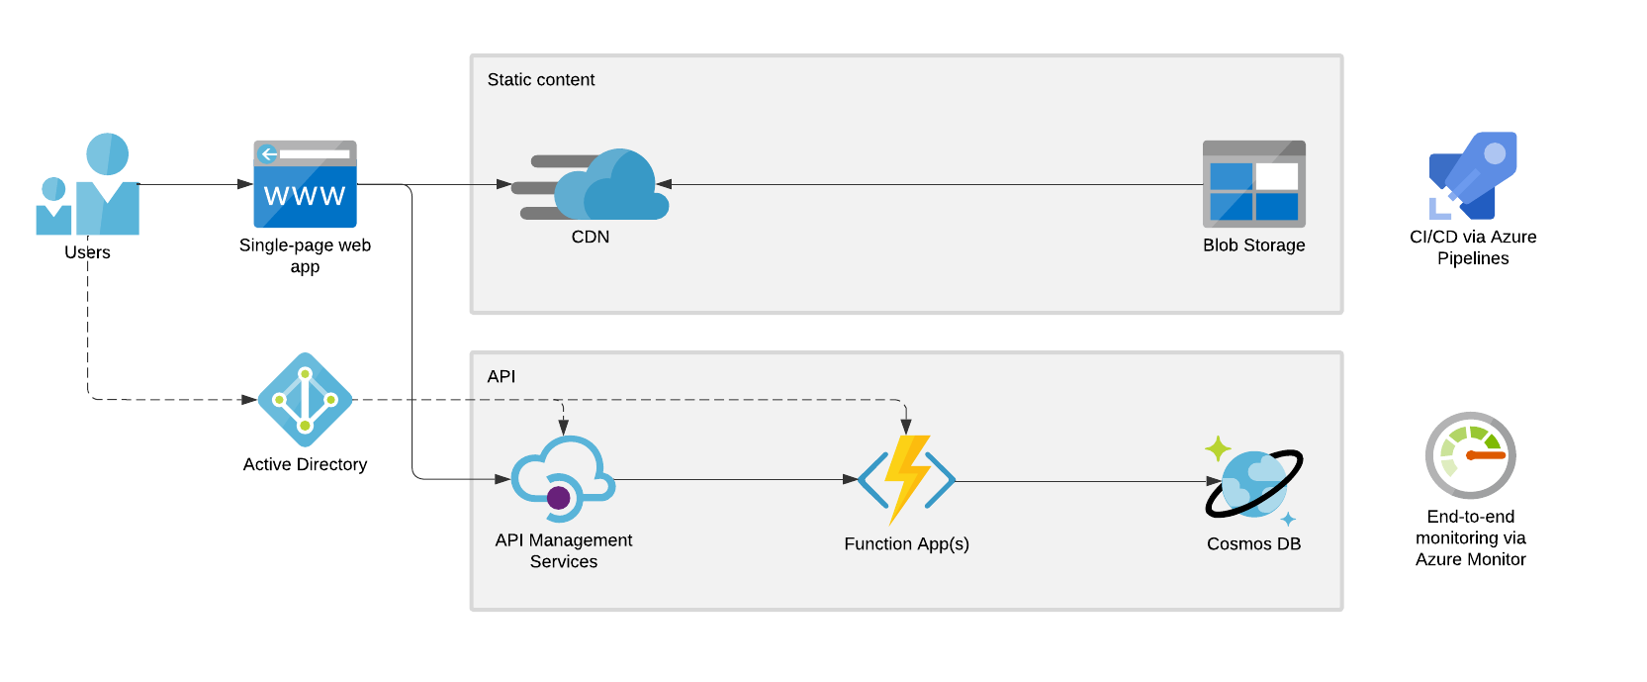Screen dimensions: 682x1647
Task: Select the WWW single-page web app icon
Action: tap(305, 184)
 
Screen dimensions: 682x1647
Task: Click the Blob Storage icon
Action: tap(1253, 184)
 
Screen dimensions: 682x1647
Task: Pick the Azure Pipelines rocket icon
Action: tap(1473, 176)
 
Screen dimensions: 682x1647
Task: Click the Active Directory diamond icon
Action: tap(305, 400)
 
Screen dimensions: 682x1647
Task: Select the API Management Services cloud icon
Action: tap(563, 478)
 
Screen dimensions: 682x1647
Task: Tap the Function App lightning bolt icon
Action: tap(906, 479)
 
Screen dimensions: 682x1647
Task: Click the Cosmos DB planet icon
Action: tap(1253, 482)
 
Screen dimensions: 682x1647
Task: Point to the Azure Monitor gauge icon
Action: tap(1470, 455)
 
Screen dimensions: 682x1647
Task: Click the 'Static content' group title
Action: tap(540, 80)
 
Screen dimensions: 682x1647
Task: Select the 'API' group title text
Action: tap(501, 377)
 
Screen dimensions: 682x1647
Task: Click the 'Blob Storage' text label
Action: tap(1253, 245)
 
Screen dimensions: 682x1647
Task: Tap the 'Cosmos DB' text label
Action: tap(1253, 544)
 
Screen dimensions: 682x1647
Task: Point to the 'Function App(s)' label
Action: tap(906, 544)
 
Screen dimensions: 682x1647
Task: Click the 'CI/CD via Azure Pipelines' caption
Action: tap(1473, 247)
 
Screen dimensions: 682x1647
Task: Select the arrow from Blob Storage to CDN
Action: tap(930, 184)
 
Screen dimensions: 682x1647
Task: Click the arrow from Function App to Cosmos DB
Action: tap(1078, 482)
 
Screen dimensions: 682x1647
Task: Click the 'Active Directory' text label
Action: tap(305, 465)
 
